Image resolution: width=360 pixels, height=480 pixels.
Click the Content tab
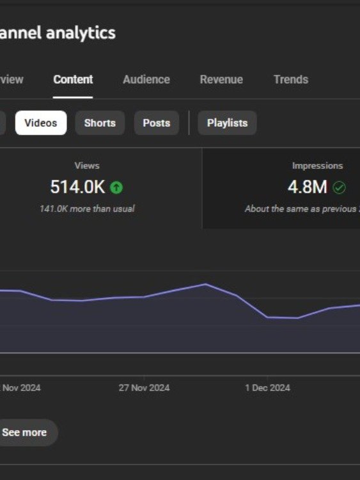73,79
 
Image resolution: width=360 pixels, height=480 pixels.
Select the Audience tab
146,79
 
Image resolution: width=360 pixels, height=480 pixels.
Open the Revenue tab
221,79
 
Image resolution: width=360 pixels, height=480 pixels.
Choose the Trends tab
291,79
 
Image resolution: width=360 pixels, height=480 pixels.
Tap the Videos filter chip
41,123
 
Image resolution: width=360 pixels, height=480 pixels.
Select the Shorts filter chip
100,123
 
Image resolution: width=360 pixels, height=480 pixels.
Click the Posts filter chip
157,123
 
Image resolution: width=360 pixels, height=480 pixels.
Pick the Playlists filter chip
227,123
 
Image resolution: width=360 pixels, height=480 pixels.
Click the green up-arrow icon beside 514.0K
116,188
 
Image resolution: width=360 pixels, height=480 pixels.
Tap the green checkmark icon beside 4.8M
340,188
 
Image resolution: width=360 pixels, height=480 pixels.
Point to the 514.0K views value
77,188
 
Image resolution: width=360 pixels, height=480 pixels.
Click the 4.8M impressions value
308,188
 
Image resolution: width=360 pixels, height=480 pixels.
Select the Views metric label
87,166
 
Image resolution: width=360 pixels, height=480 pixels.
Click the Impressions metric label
318,166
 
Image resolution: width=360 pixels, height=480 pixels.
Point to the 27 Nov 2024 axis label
144,388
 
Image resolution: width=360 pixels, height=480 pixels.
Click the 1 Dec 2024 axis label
267,388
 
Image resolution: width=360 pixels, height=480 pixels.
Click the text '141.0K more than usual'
87,209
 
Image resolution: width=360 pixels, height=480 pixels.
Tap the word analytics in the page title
81,33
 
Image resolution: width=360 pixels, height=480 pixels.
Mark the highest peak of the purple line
205,284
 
